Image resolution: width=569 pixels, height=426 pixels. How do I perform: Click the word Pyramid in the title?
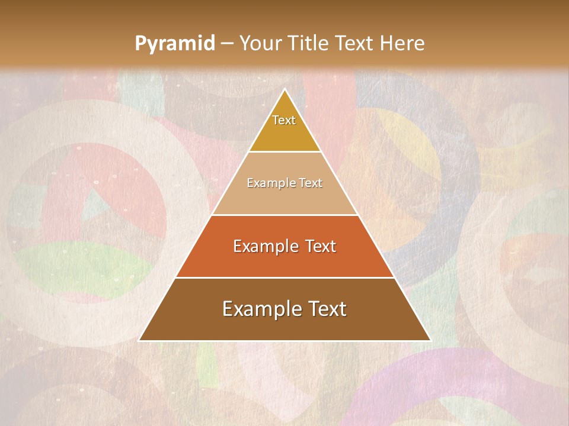[x=175, y=43]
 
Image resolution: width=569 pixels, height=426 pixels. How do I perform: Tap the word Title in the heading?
[x=309, y=43]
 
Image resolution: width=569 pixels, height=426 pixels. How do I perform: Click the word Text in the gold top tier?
[x=284, y=120]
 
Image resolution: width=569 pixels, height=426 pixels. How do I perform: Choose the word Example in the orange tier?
[x=264, y=246]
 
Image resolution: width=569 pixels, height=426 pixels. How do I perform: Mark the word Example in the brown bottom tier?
[x=259, y=309]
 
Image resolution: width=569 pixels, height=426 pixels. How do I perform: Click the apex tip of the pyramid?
[x=284, y=89]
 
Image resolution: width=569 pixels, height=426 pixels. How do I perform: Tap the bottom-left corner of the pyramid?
[x=140, y=340]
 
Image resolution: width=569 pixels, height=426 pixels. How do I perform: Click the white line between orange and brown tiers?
[x=284, y=277]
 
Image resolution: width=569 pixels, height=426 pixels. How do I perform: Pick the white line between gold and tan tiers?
[x=284, y=151]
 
